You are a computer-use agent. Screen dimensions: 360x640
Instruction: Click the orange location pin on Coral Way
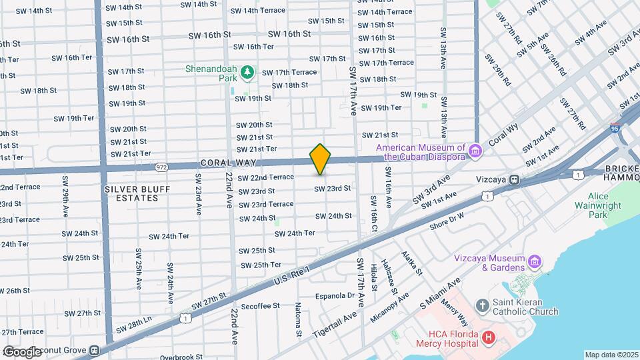pos(321,159)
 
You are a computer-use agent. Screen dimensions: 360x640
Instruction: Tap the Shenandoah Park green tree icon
pos(247,71)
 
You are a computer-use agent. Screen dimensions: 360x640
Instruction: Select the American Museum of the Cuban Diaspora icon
pos(474,152)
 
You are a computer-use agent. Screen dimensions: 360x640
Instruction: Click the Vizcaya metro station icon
pos(514,179)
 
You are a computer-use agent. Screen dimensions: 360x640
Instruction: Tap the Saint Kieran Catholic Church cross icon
pos(483,305)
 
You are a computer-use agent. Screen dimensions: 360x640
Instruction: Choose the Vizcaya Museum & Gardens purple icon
pos(534,260)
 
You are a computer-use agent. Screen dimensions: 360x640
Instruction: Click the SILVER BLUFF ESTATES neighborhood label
pos(137,194)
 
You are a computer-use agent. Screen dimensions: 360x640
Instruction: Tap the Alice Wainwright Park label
pos(607,205)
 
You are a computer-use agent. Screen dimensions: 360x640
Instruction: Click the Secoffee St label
pos(261,306)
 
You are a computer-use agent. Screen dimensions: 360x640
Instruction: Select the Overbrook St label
pos(181,357)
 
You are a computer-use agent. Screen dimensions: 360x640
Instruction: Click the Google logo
pos(21,351)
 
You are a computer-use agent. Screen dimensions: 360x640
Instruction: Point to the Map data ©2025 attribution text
pos(611,355)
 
